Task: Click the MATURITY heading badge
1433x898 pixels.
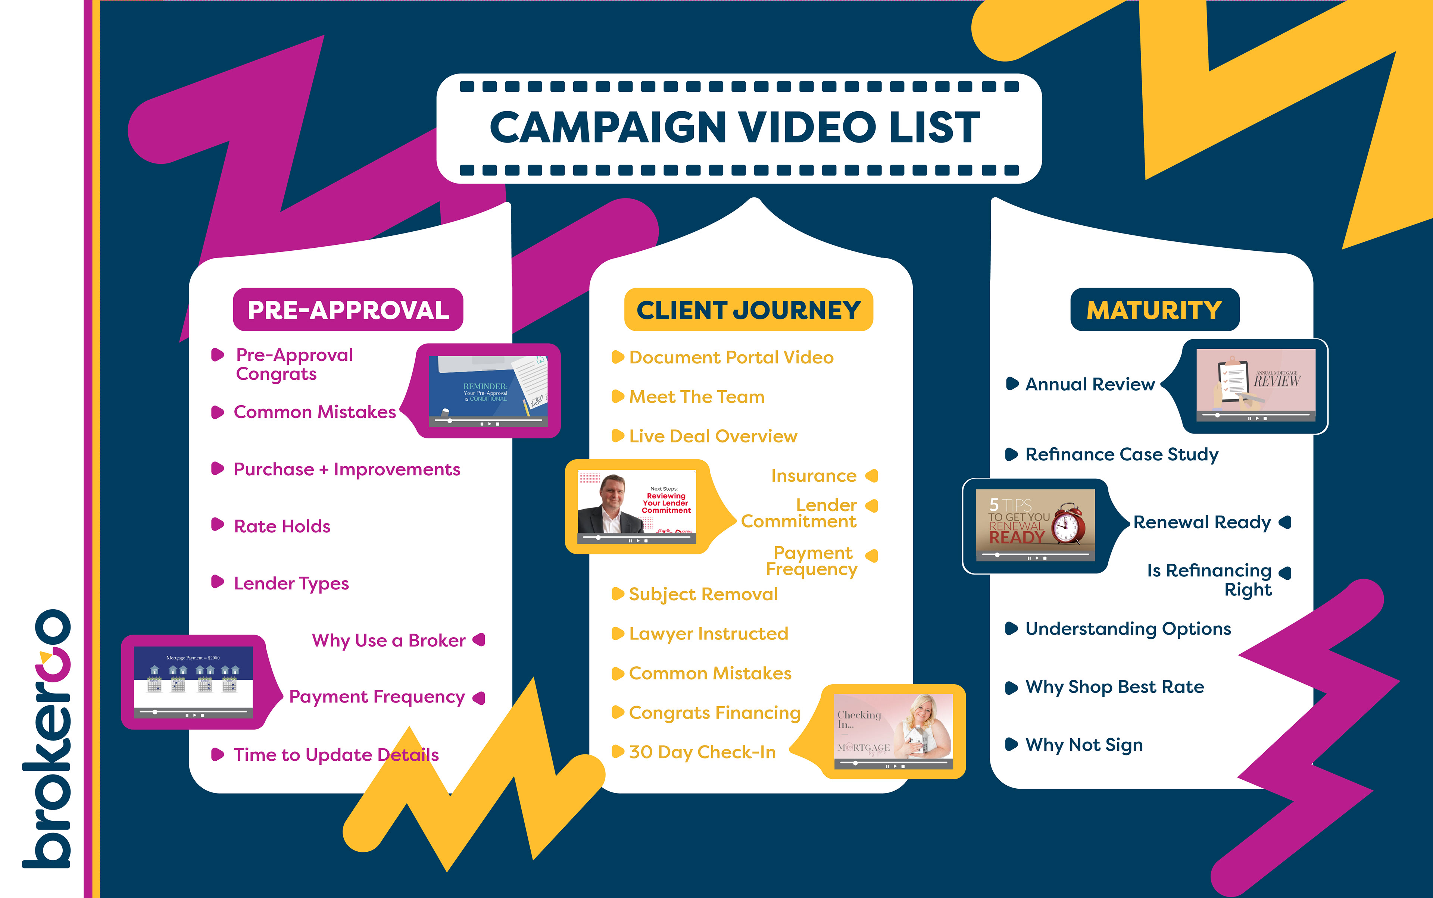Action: (1154, 310)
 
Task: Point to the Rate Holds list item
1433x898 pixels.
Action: (282, 526)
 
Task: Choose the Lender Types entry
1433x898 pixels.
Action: (291, 583)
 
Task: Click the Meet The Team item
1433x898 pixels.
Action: (696, 397)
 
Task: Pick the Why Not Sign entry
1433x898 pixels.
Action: (1084, 745)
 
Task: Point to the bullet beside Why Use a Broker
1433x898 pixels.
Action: (479, 640)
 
